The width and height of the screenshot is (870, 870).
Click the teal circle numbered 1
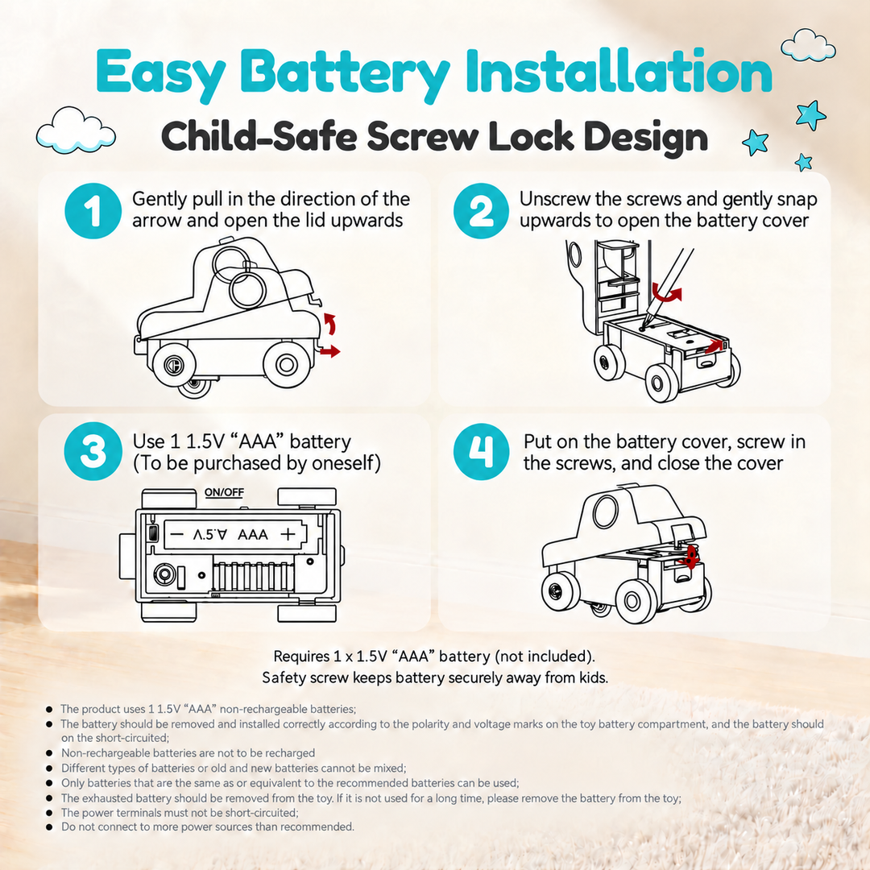[93, 211]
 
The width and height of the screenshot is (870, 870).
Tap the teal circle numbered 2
[481, 211]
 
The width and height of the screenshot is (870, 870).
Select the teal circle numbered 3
[93, 451]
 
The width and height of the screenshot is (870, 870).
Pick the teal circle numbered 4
[481, 451]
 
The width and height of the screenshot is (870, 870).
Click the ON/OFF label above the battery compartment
[224, 492]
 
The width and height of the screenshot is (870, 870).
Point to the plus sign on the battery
[288, 534]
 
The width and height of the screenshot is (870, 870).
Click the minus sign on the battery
[177, 534]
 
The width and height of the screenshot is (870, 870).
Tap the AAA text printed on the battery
[252, 534]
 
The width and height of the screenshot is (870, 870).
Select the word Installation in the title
[619, 71]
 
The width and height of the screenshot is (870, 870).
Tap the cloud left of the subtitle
[76, 131]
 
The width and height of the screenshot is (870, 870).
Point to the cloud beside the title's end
[808, 45]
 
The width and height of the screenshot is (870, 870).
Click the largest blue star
[810, 115]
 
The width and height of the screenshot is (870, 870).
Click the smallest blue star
[803, 163]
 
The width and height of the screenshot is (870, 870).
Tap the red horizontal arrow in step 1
[330, 350]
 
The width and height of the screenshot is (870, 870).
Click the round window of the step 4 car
[605, 512]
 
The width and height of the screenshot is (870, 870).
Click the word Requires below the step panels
[302, 657]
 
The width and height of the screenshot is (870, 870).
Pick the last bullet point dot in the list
[49, 827]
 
